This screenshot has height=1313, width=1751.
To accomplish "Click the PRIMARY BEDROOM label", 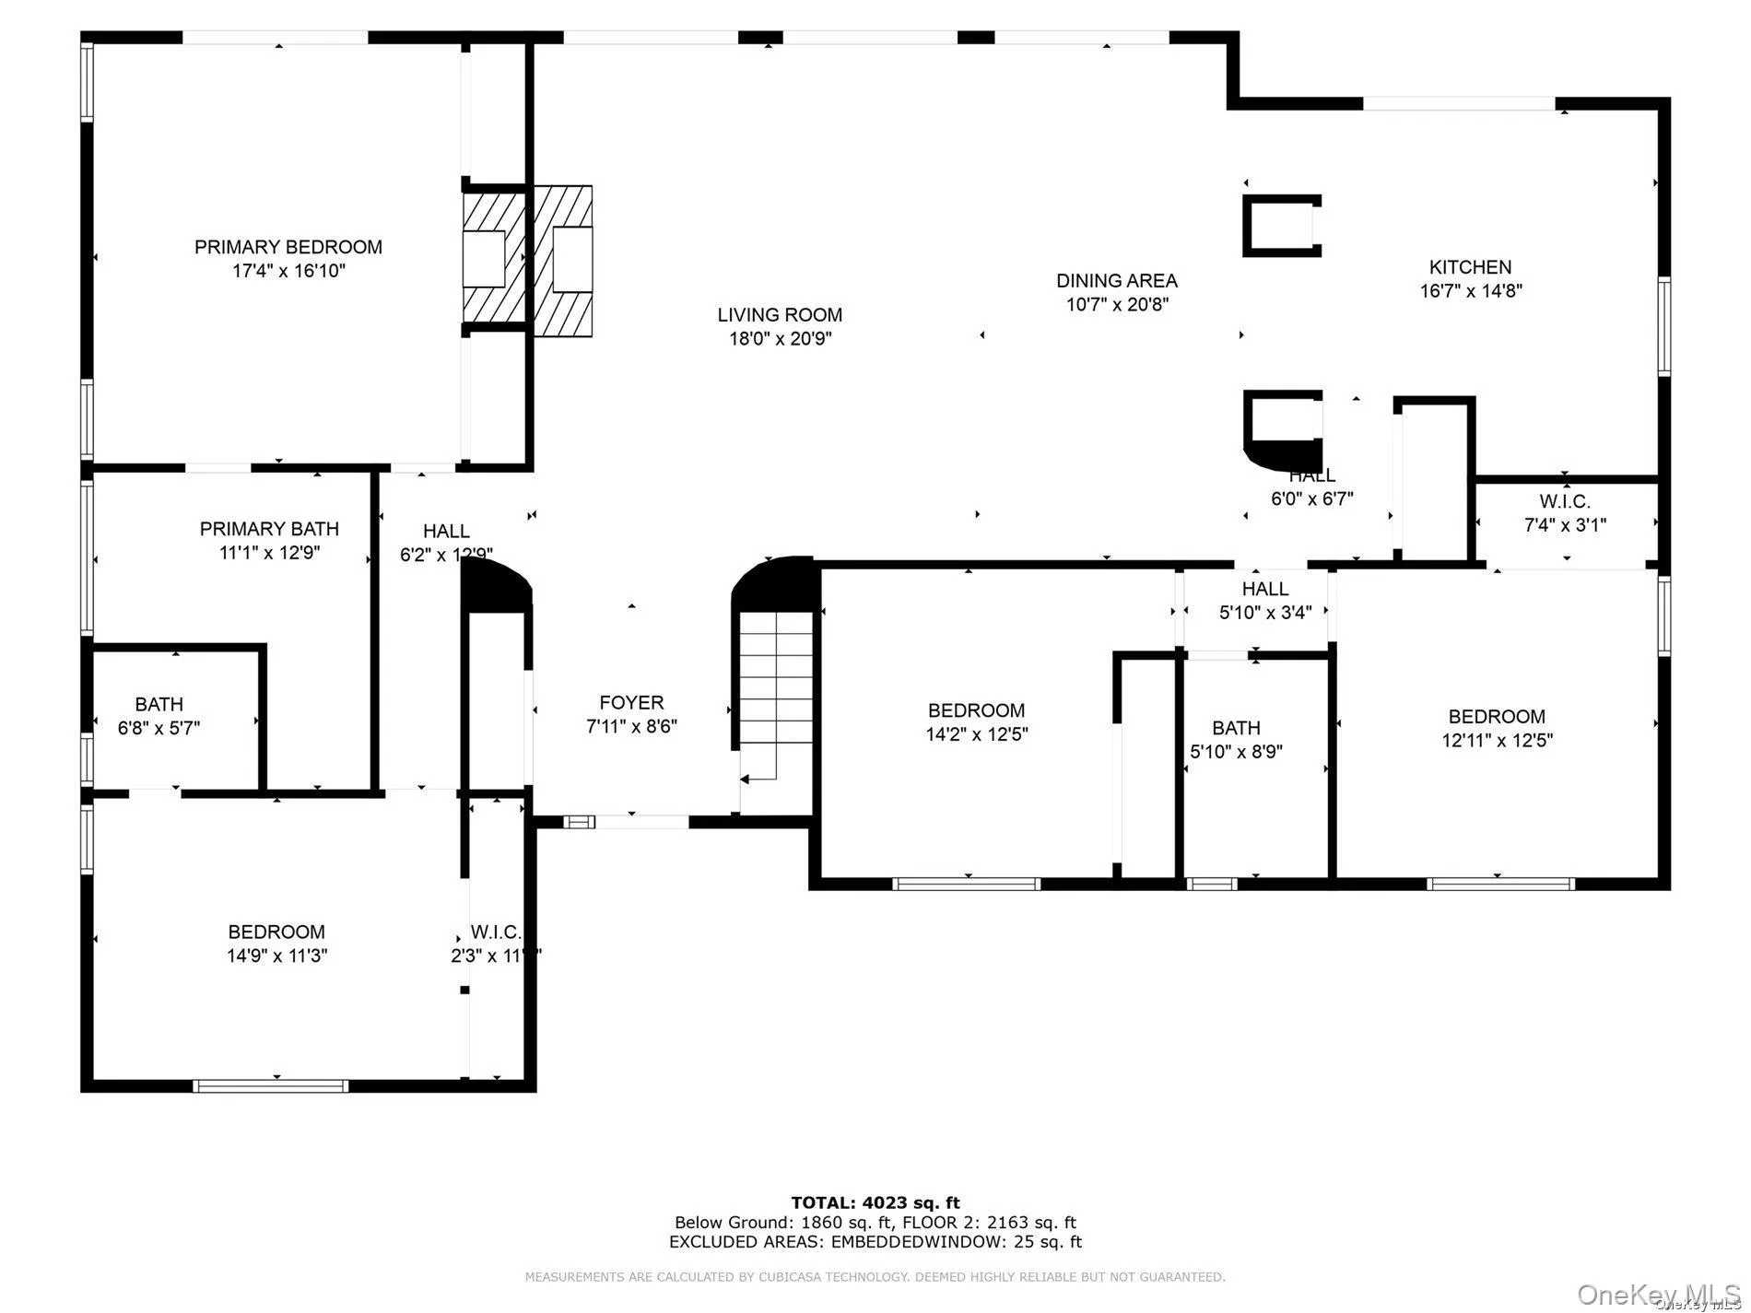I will click(x=288, y=247).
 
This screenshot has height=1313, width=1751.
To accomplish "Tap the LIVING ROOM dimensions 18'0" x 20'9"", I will click(x=780, y=339).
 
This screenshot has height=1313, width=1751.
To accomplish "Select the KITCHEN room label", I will click(x=1470, y=267).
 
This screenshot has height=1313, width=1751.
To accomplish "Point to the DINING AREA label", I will click(x=1116, y=281).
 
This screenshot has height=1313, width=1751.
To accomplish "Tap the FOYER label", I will click(x=631, y=703).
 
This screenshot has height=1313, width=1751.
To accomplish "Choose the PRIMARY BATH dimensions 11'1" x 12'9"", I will click(x=268, y=553).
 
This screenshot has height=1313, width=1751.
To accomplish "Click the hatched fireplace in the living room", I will click(x=562, y=261).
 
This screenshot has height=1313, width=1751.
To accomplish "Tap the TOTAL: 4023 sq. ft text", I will click(x=875, y=1202).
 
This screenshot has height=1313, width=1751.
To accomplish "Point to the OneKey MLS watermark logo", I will click(x=1658, y=1294).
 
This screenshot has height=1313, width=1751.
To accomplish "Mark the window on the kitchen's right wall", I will click(x=1664, y=326).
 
